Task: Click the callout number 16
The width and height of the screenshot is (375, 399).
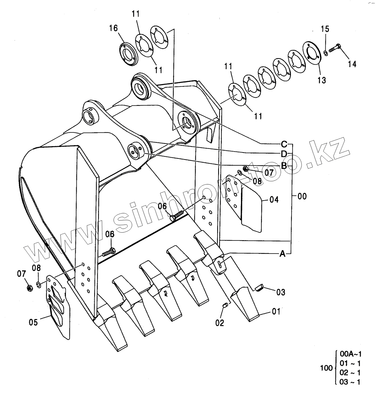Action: coord(113,28)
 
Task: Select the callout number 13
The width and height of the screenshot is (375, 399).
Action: coord(322,80)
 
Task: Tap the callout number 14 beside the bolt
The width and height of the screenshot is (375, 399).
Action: coord(352,64)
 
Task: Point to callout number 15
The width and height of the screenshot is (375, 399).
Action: coord(325,29)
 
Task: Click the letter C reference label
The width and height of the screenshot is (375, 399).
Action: coord(284,144)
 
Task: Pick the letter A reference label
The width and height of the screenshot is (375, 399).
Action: coord(282,254)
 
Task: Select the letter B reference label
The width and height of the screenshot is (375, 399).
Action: coord(284,166)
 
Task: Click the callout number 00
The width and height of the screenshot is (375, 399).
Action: coord(302,196)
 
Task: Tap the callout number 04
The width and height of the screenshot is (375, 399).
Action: coord(274,200)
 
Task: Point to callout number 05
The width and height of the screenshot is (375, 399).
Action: coord(33,322)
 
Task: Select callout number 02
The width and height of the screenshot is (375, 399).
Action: coord(220,323)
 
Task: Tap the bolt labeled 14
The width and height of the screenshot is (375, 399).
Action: coord(334,48)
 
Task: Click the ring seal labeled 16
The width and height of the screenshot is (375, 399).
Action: coord(129,54)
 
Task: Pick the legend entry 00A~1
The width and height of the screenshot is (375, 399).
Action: coord(350,354)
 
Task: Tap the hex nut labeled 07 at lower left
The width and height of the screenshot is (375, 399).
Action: coord(30,288)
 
